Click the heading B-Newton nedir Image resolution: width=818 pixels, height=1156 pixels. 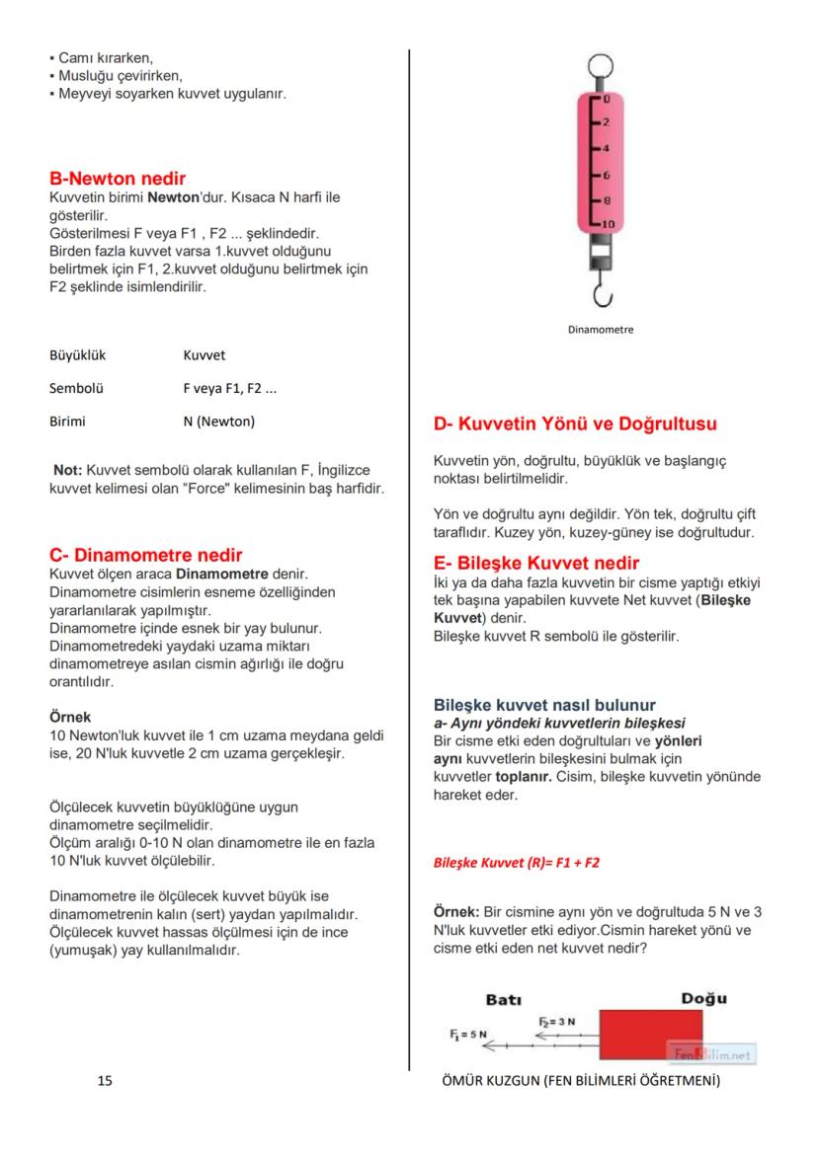click(x=118, y=180)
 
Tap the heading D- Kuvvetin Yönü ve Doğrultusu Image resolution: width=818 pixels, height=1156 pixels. click(x=575, y=424)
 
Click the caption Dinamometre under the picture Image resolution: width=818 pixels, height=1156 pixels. click(x=601, y=330)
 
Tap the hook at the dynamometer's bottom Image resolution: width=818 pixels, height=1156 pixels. click(x=601, y=292)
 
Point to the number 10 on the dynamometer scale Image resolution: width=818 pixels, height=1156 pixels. click(x=608, y=224)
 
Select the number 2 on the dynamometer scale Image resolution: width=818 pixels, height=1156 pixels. click(x=607, y=122)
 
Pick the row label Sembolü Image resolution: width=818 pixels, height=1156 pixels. click(x=76, y=388)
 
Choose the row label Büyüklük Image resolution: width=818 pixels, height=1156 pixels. click(x=77, y=354)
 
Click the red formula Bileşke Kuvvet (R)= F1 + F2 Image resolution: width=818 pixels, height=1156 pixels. click(x=517, y=862)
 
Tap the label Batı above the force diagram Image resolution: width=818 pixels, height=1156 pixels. click(x=504, y=999)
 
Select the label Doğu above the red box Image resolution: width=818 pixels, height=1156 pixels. click(x=702, y=998)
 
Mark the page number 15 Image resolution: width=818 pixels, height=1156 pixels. click(x=105, y=1081)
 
